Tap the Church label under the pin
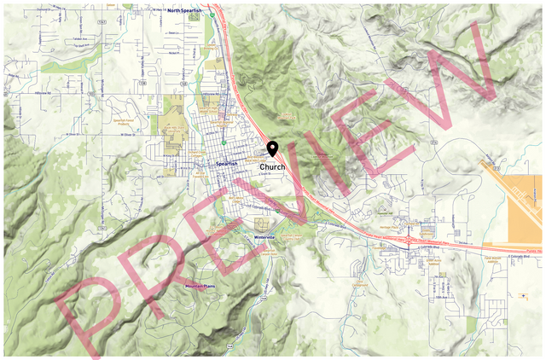(x=272, y=166)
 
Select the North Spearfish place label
(x=187, y=10)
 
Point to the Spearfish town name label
(x=226, y=162)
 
